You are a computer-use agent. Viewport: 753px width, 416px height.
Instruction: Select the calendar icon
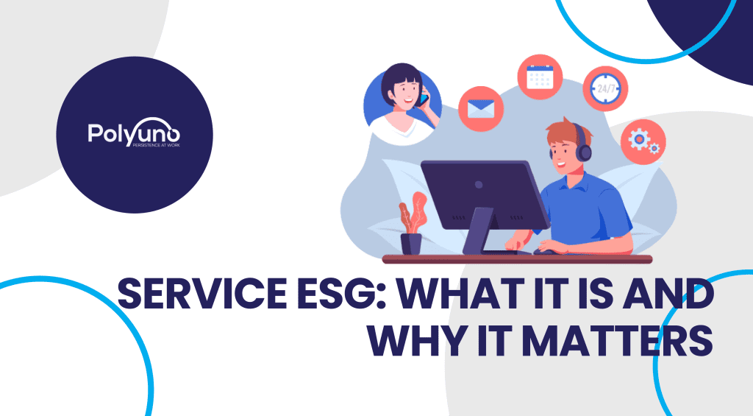point(540,77)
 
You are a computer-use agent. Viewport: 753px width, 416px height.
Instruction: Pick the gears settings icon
point(643,141)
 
